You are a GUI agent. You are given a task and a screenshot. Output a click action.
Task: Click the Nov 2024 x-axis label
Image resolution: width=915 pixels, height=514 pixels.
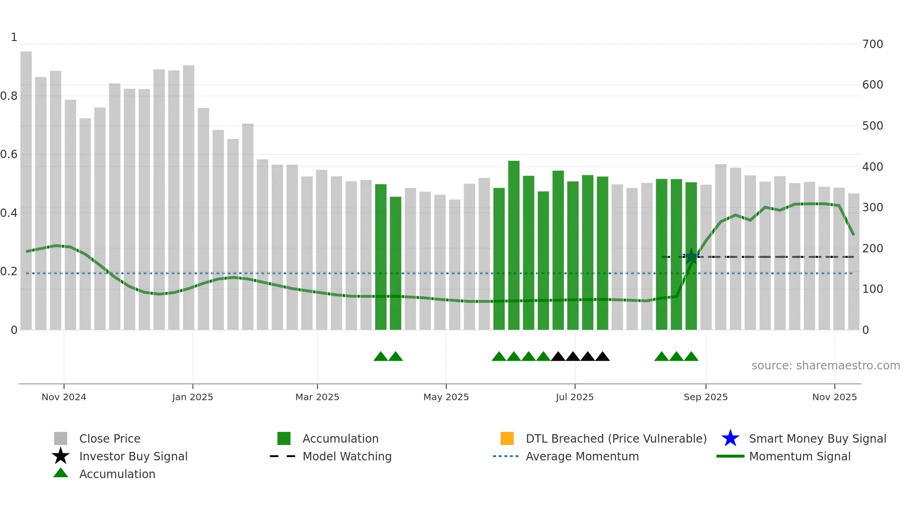tap(64, 397)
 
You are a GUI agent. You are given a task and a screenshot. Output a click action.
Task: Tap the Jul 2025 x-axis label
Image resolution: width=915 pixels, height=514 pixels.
tap(575, 397)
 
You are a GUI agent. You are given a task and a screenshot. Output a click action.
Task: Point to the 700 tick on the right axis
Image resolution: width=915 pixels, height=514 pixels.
tap(873, 44)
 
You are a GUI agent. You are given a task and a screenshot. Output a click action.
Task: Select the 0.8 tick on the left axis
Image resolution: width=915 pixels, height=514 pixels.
tap(9, 96)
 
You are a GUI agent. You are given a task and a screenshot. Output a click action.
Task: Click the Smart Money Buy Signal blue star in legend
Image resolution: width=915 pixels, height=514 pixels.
tap(730, 438)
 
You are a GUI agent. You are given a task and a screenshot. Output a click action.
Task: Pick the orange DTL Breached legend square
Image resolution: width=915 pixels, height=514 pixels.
tap(507, 438)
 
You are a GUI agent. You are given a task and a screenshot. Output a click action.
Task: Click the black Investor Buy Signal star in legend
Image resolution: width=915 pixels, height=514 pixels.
tap(61, 456)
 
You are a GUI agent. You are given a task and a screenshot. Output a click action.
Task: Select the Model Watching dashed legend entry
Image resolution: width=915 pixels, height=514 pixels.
tap(282, 456)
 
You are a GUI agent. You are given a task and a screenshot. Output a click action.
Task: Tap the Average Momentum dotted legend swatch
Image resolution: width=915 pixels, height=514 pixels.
tap(506, 456)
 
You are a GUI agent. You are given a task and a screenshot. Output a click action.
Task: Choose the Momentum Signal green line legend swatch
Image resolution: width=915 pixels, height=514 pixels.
tap(730, 456)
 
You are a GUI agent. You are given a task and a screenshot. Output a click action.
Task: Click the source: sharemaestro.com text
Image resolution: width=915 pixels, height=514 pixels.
tap(825, 366)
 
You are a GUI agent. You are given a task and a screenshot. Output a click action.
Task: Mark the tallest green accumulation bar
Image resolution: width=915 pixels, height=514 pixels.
tap(514, 245)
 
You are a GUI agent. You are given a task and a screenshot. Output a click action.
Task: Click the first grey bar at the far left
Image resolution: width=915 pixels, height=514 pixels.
tap(26, 191)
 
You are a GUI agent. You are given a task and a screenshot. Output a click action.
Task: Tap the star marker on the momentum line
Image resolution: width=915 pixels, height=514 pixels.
tap(691, 257)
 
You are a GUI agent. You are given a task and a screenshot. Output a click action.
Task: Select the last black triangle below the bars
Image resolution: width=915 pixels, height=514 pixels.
tap(602, 357)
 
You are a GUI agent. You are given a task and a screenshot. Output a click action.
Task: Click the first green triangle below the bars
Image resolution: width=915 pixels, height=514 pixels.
tap(380, 357)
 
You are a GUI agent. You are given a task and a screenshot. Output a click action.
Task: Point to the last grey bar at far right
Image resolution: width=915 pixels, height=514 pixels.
tap(853, 261)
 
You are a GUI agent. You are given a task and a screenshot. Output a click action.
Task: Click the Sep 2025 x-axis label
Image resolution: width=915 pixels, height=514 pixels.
tap(705, 397)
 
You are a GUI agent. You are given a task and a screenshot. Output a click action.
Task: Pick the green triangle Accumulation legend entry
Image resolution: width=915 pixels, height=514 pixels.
tap(61, 473)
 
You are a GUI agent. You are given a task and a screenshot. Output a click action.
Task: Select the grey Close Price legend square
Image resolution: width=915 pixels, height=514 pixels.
tap(61, 438)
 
